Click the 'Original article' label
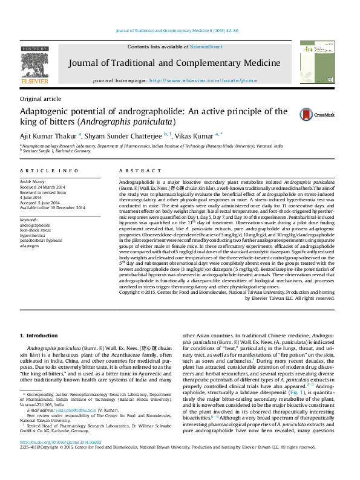coord(41,99)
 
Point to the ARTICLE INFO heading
coord(49,171)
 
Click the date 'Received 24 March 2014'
coord(44,187)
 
